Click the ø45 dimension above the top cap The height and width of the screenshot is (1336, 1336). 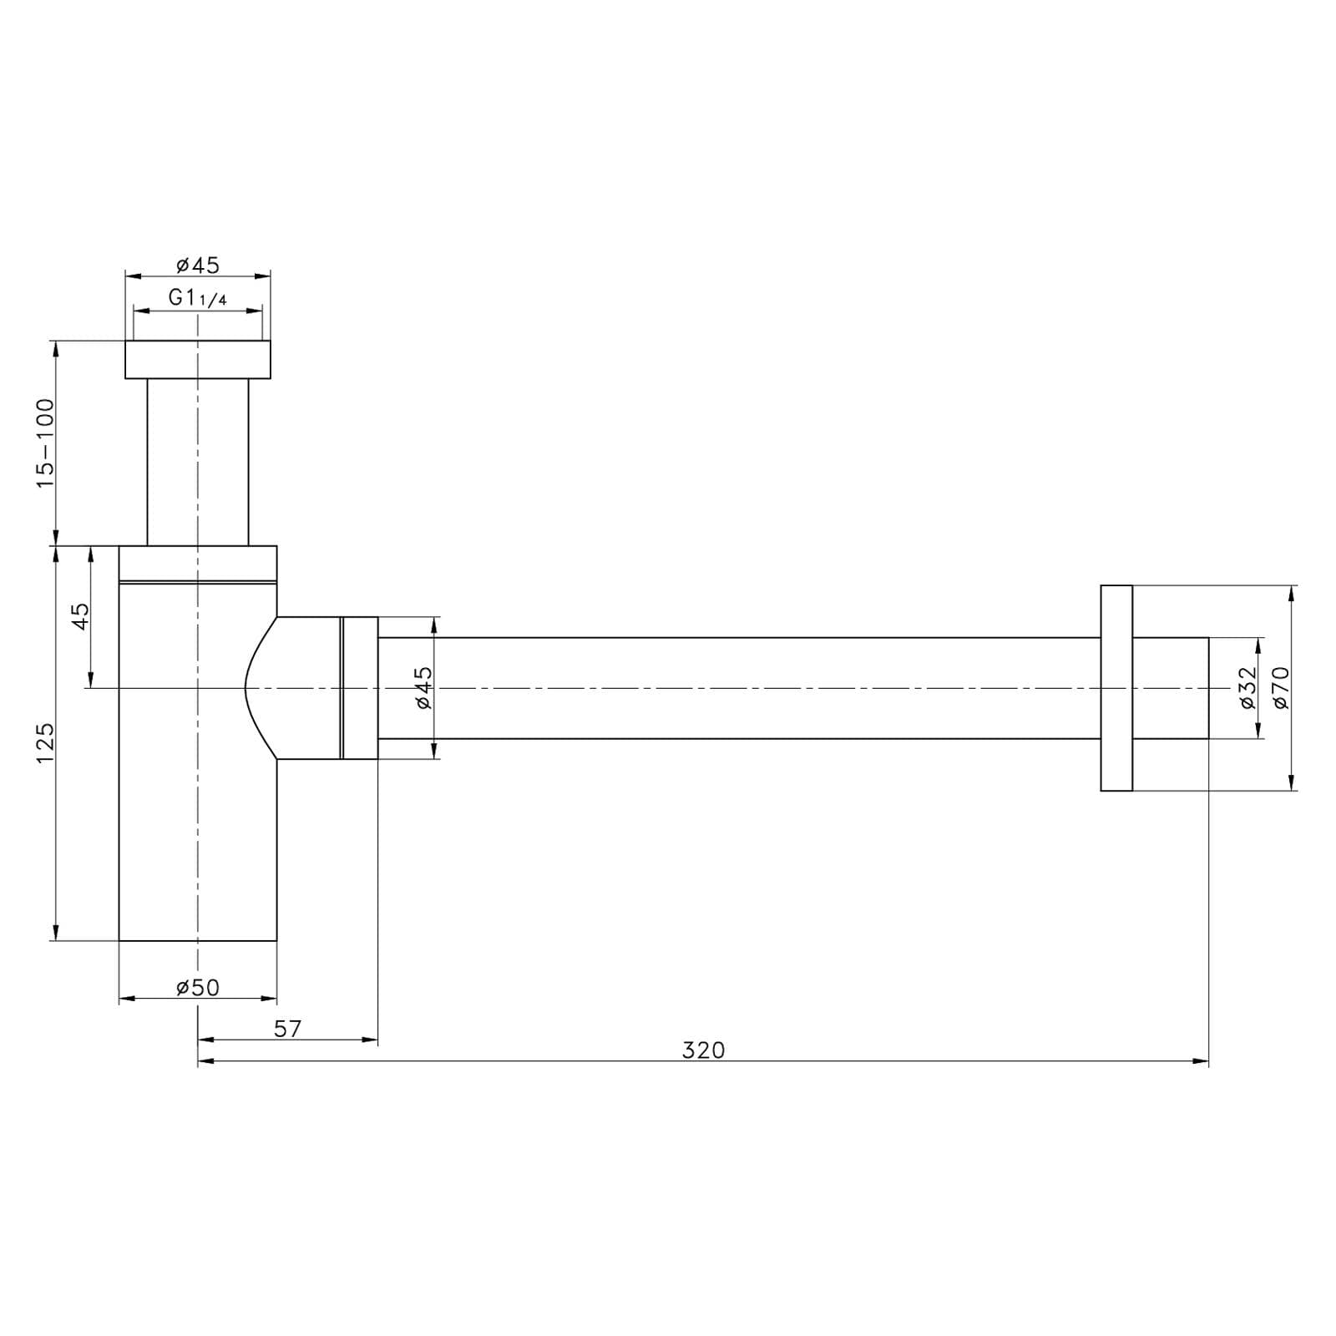click(x=198, y=265)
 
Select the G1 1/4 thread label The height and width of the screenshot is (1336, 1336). click(x=197, y=298)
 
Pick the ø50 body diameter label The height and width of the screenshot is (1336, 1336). click(x=198, y=987)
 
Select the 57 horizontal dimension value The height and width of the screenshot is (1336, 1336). click(x=287, y=1029)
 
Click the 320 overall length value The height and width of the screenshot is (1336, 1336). click(x=703, y=1050)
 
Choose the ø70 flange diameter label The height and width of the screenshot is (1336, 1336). click(x=1282, y=687)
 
